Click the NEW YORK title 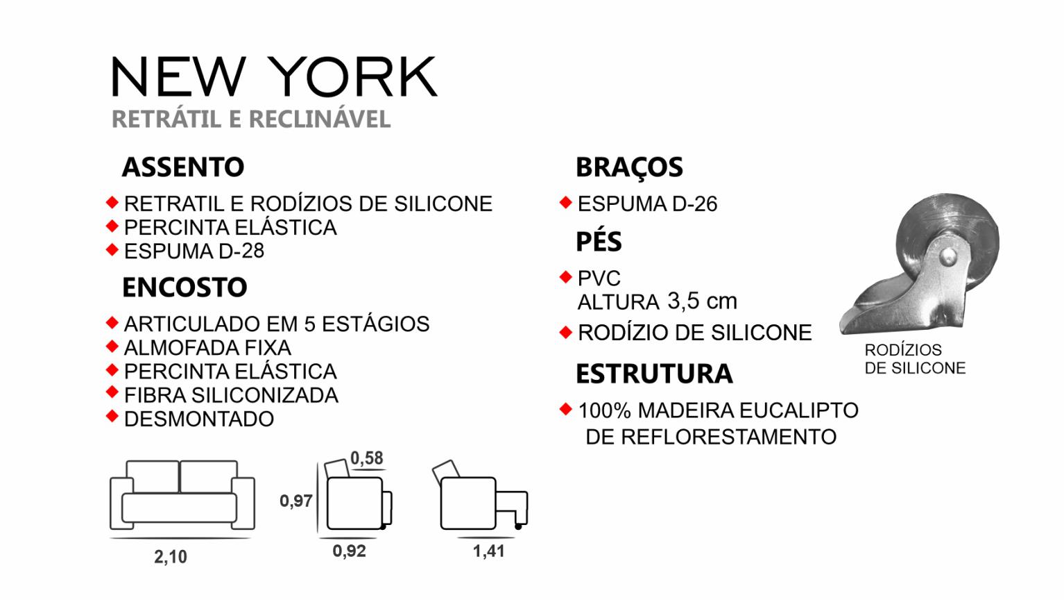point(274,76)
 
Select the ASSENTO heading point(183,167)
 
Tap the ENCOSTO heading point(185,287)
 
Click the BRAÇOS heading point(629,168)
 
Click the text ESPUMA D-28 point(194,251)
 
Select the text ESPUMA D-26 point(647,204)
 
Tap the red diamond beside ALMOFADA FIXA point(112,346)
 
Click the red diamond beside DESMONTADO point(112,416)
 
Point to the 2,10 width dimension point(171,557)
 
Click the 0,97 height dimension point(295,501)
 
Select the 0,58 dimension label point(366,458)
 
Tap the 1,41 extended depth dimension point(488,551)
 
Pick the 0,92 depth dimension point(349,551)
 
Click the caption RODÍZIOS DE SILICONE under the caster point(915,359)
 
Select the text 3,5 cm point(702,301)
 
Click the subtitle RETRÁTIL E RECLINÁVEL point(251,119)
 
